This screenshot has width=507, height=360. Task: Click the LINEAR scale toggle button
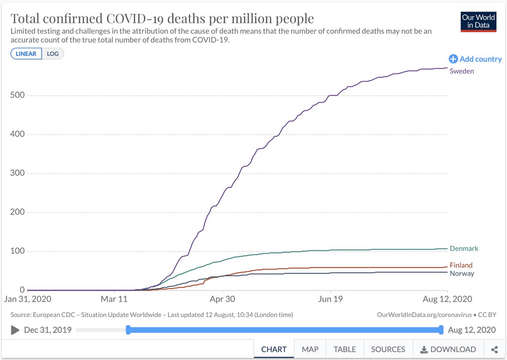(x=26, y=54)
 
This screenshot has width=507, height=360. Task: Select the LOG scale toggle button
(x=53, y=54)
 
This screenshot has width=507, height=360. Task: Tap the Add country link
(x=475, y=59)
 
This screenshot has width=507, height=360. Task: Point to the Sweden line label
(x=462, y=71)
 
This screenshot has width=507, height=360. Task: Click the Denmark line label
(x=464, y=248)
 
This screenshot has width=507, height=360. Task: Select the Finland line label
(x=461, y=265)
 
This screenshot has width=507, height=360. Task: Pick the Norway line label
(x=462, y=273)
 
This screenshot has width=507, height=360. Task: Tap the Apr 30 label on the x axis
(x=222, y=299)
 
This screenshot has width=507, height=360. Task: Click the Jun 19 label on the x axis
(x=330, y=299)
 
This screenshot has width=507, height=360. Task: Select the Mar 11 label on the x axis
(x=114, y=299)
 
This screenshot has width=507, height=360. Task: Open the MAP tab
(x=310, y=349)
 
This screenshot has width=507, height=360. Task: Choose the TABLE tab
(x=344, y=349)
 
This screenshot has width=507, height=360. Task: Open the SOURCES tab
(x=388, y=349)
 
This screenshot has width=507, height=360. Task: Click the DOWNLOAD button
(x=448, y=349)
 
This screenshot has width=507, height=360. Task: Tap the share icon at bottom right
(x=494, y=349)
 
